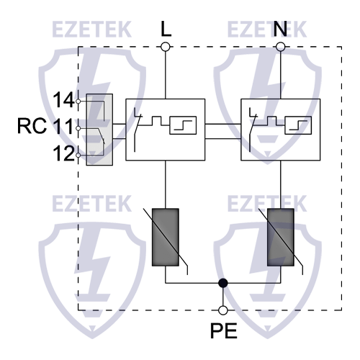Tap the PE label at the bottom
click(x=223, y=333)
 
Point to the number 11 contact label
click(x=63, y=128)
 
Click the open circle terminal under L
click(x=166, y=47)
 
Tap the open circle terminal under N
click(x=280, y=47)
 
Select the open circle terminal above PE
click(x=223, y=310)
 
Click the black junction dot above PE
click(x=223, y=284)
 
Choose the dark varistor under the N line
click(x=280, y=238)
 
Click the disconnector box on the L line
click(x=166, y=129)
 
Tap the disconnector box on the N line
click(x=280, y=129)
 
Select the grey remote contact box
click(x=99, y=129)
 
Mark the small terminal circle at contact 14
click(x=78, y=102)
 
